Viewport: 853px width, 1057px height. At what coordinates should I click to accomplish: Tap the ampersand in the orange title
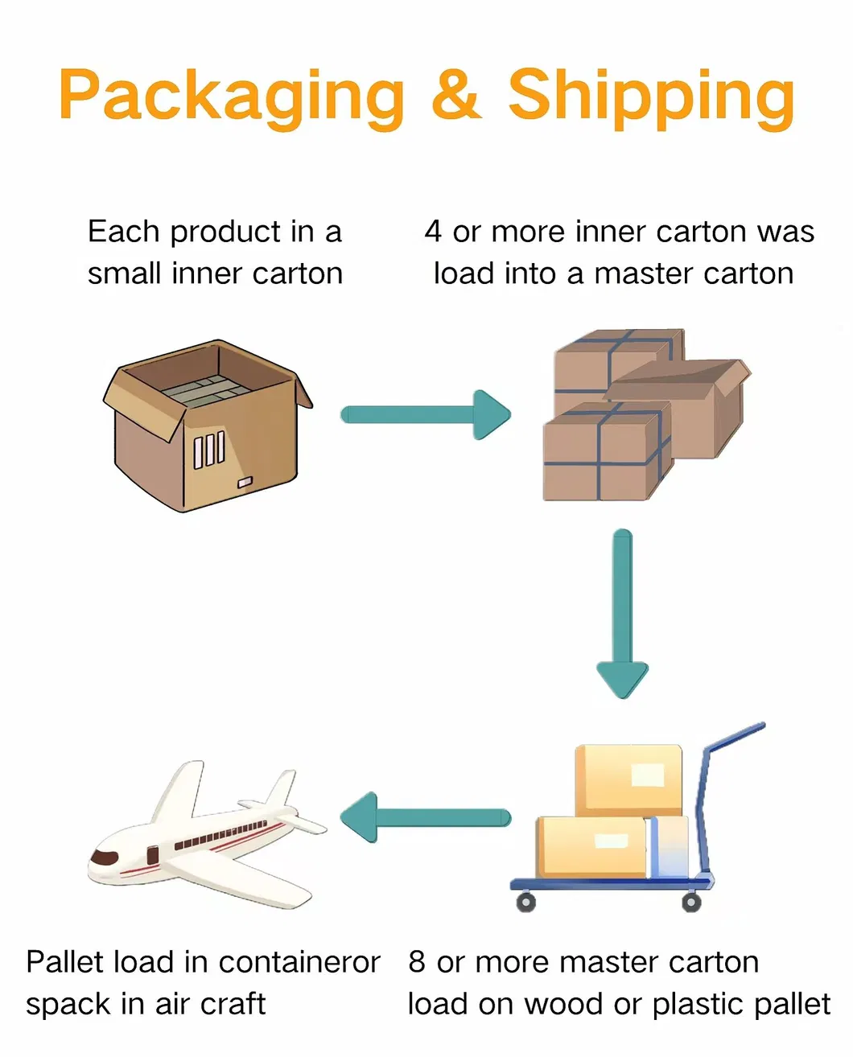455,94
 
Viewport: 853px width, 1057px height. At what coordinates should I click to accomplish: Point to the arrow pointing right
426,414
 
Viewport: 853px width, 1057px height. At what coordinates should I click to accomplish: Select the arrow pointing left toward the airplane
426,817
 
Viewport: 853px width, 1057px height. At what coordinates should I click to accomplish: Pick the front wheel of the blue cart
525,902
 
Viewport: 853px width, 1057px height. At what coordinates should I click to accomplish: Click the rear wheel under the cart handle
691,902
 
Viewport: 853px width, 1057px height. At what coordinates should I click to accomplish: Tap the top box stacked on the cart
628,779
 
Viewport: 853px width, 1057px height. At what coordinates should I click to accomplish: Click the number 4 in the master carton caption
433,232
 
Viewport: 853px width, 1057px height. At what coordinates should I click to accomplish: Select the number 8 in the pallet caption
417,962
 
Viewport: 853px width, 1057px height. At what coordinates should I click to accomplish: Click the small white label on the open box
244,482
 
